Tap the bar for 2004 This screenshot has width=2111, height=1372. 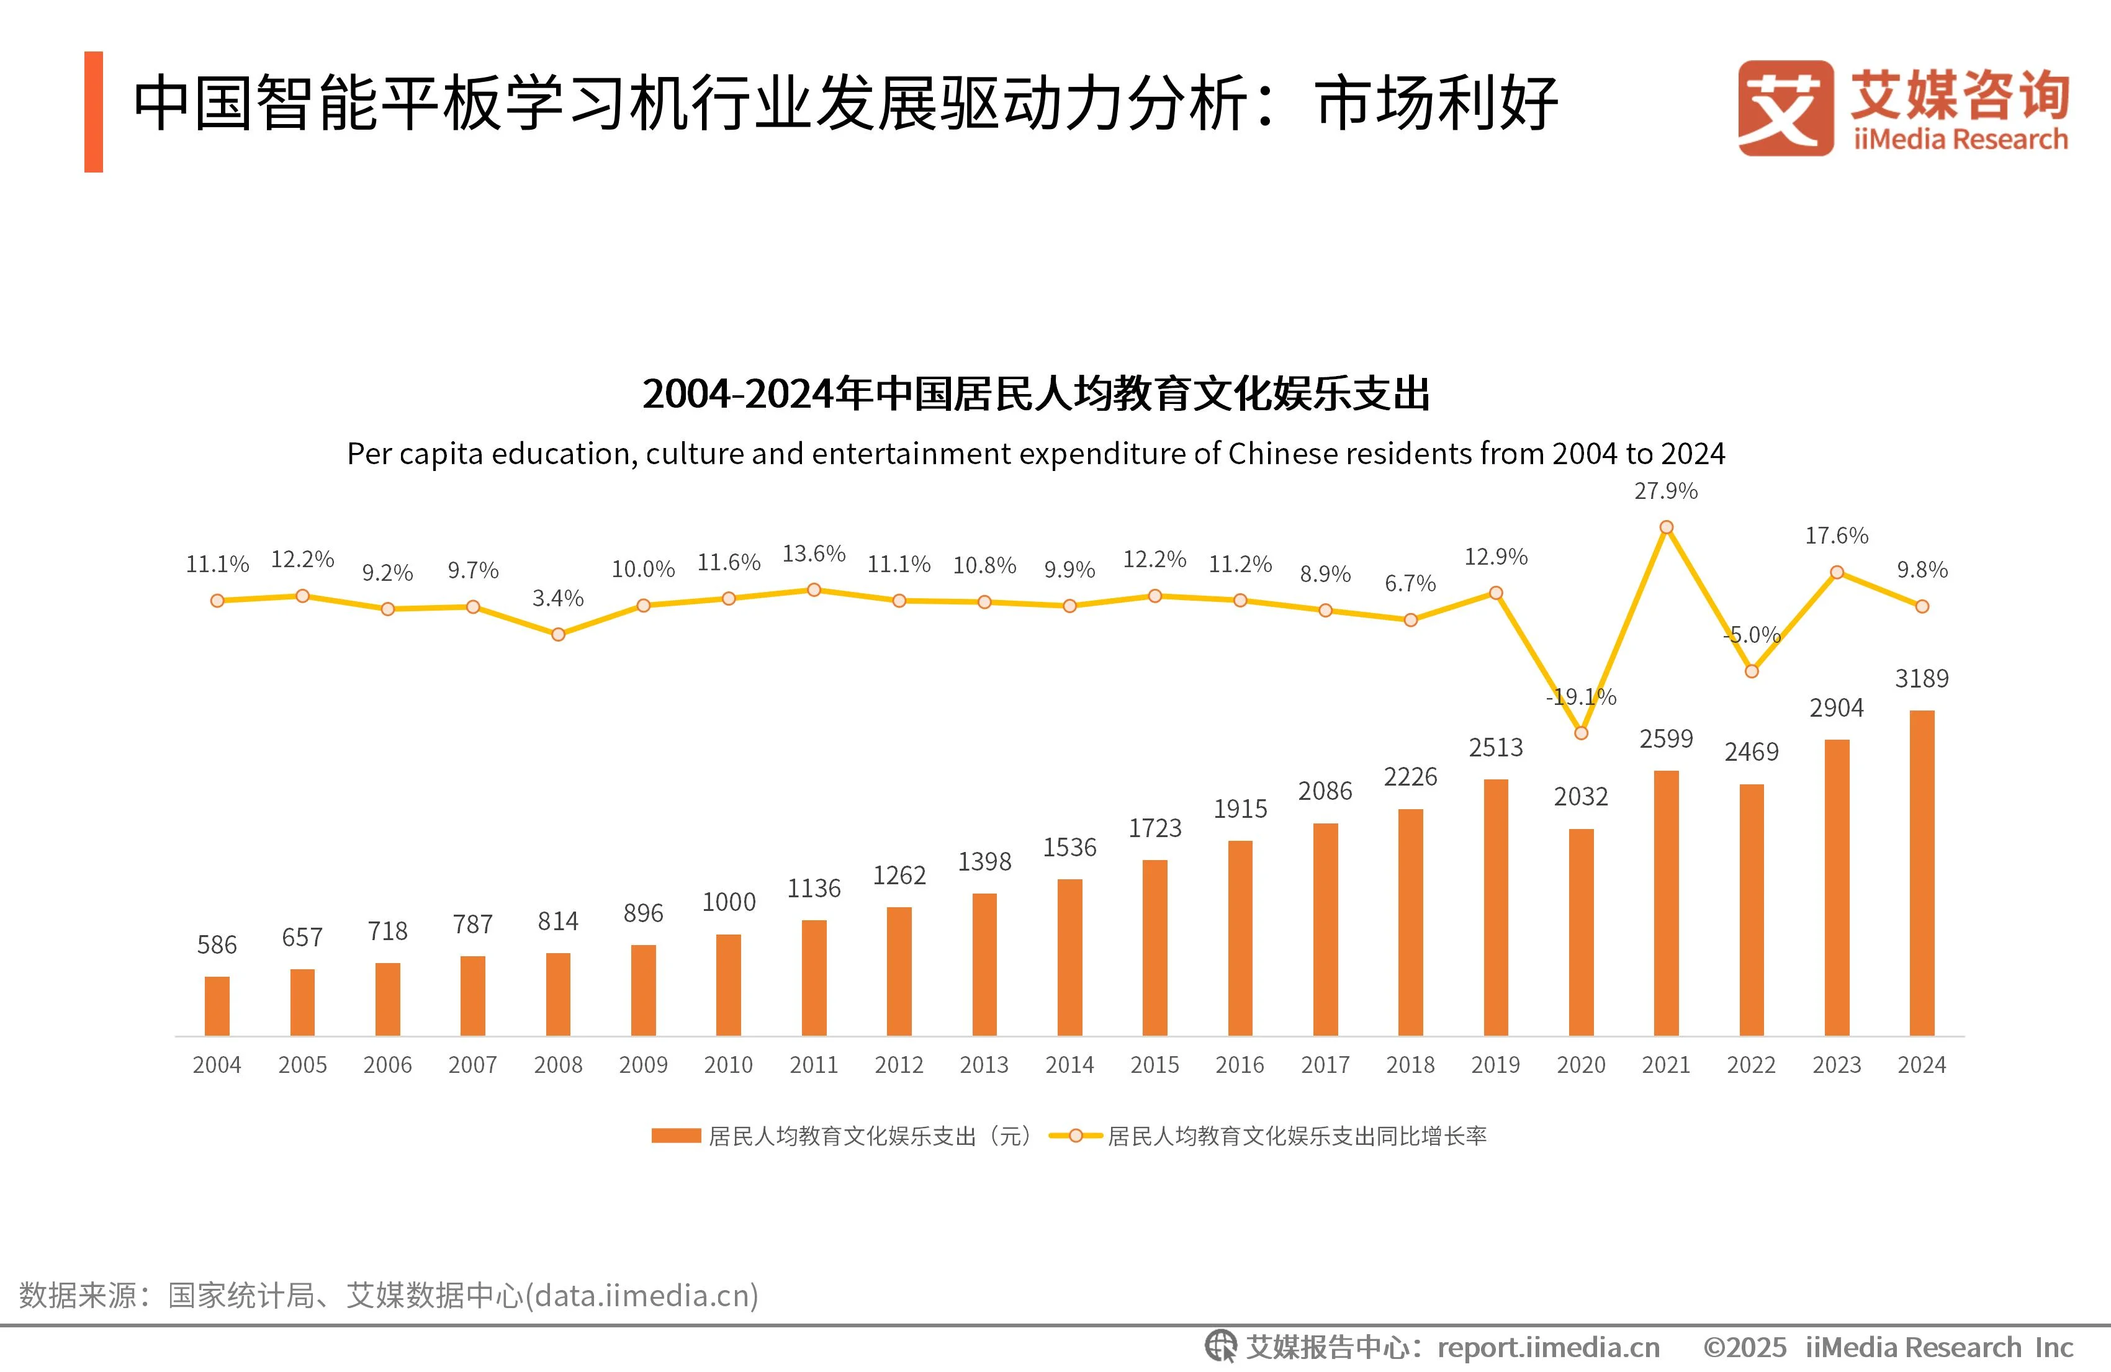(x=217, y=1006)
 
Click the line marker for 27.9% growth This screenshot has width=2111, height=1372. (x=1666, y=527)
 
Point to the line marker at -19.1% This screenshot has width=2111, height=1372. (x=1580, y=733)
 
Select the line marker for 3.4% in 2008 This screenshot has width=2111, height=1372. (x=558, y=634)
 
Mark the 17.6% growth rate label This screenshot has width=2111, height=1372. (x=1836, y=536)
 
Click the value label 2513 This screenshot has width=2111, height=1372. (x=1495, y=748)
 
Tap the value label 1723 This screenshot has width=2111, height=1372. (x=1155, y=828)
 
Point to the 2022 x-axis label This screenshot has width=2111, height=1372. (x=1751, y=1064)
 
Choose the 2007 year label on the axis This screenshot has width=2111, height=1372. (x=473, y=1064)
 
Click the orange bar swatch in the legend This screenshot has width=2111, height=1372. (x=676, y=1136)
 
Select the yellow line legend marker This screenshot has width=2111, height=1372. (x=1075, y=1136)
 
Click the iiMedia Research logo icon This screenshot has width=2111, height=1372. (x=1786, y=108)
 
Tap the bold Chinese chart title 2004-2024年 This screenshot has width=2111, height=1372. (x=1035, y=395)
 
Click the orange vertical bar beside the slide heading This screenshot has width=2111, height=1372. (x=94, y=112)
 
